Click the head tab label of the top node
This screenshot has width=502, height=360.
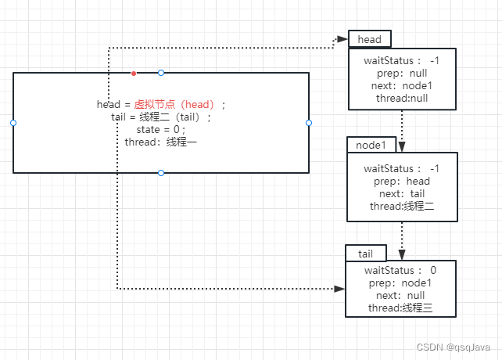click(x=369, y=40)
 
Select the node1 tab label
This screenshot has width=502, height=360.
click(x=371, y=145)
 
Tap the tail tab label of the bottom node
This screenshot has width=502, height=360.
click(x=365, y=253)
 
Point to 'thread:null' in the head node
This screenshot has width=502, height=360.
click(x=402, y=98)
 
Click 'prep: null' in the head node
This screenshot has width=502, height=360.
click(x=402, y=73)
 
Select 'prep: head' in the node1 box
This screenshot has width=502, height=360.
click(x=402, y=181)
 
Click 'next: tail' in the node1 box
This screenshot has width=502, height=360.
click(x=402, y=193)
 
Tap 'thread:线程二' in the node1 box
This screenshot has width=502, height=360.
click(x=402, y=206)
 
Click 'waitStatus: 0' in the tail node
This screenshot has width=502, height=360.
click(x=400, y=270)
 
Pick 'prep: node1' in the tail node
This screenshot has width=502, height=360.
click(x=400, y=283)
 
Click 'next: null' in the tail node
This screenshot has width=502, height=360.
click(x=400, y=296)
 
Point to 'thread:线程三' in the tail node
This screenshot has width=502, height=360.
click(x=400, y=308)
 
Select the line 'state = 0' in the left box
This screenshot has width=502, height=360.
click(x=162, y=129)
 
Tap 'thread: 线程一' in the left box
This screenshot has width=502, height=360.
click(x=161, y=142)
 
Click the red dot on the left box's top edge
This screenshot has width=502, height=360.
click(x=134, y=73)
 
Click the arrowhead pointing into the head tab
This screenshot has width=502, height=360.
click(x=342, y=39)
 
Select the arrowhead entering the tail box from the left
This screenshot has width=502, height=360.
click(x=339, y=289)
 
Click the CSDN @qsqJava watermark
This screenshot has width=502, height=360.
click(x=453, y=347)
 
